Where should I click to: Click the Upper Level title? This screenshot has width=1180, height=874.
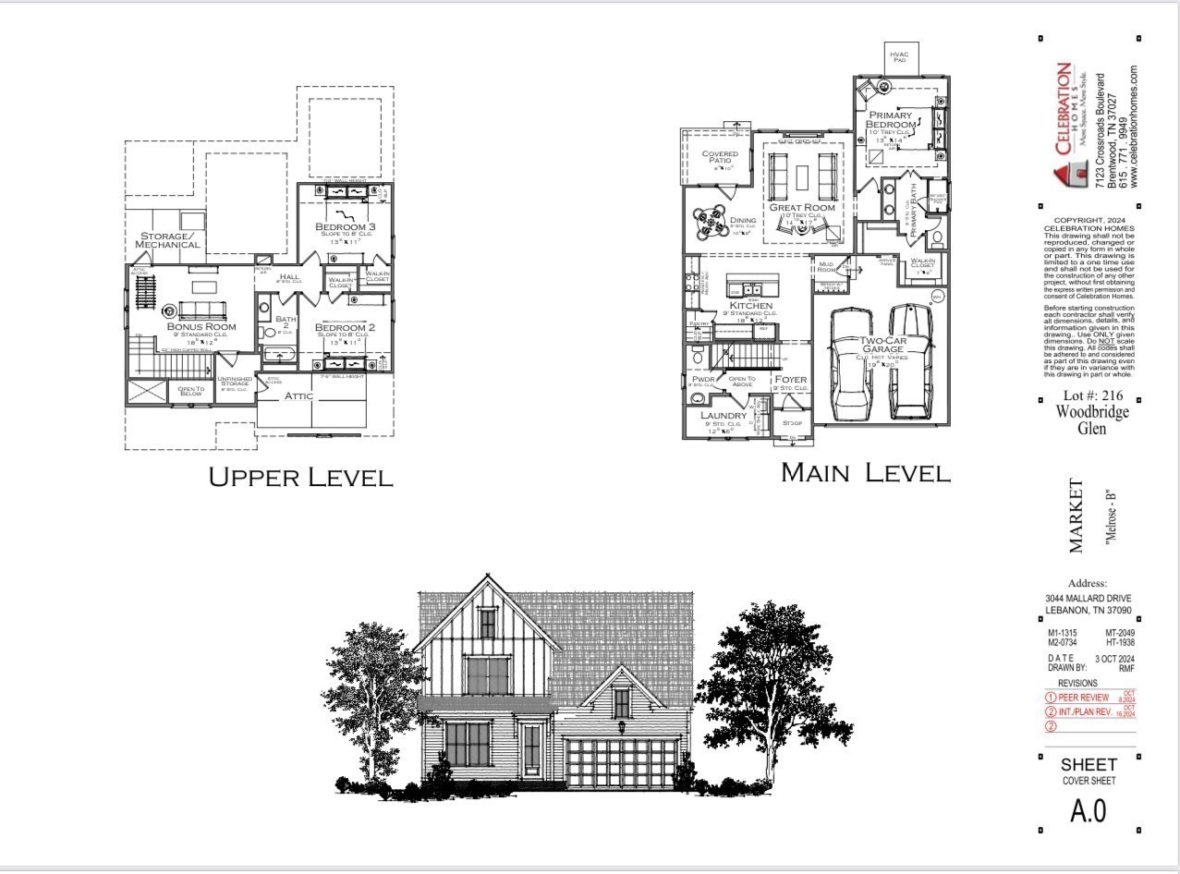tap(300, 477)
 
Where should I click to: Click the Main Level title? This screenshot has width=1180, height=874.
tap(865, 472)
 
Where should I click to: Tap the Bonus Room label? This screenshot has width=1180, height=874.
tap(201, 326)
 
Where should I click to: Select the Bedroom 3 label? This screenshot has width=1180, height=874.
tap(345, 227)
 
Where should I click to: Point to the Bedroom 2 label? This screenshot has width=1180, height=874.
tap(345, 328)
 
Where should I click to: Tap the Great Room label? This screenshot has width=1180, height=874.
tap(802, 208)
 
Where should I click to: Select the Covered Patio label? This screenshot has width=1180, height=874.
tap(719, 158)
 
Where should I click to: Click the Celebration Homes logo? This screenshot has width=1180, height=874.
tap(1064, 125)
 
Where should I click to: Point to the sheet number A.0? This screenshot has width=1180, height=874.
tap(1088, 810)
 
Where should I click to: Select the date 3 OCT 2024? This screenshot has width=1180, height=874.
tap(1114, 658)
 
